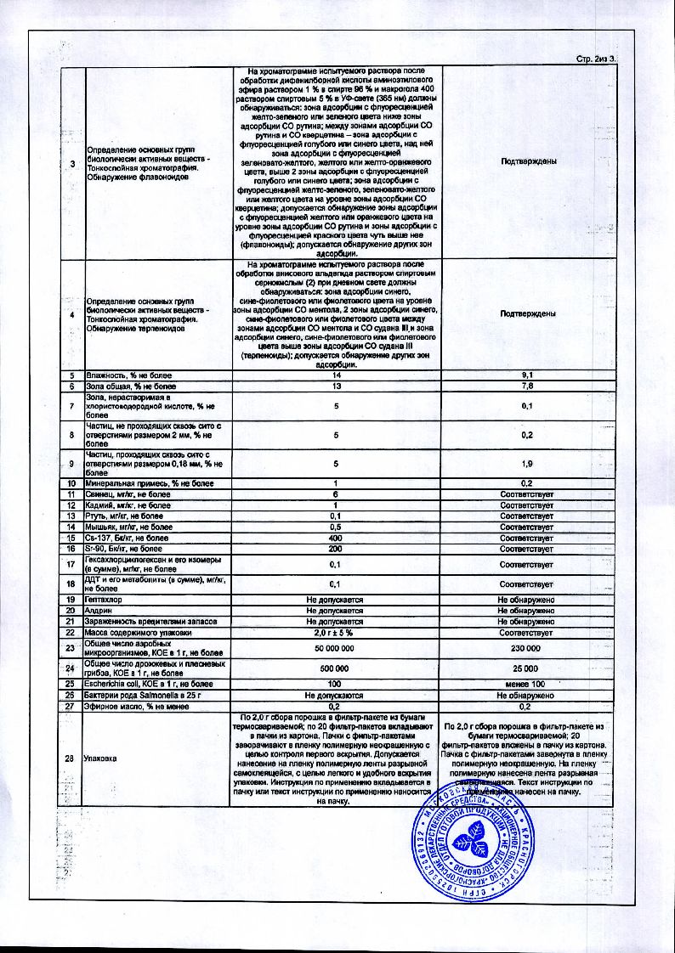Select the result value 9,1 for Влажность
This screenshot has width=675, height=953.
pos(527,375)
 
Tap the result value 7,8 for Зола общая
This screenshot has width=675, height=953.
pos(527,386)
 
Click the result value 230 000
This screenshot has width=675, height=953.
pos(527,649)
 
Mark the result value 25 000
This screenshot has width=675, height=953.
pos(527,668)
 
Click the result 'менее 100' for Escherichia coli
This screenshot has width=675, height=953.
pos(527,685)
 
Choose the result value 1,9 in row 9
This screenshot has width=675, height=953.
pos(527,464)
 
